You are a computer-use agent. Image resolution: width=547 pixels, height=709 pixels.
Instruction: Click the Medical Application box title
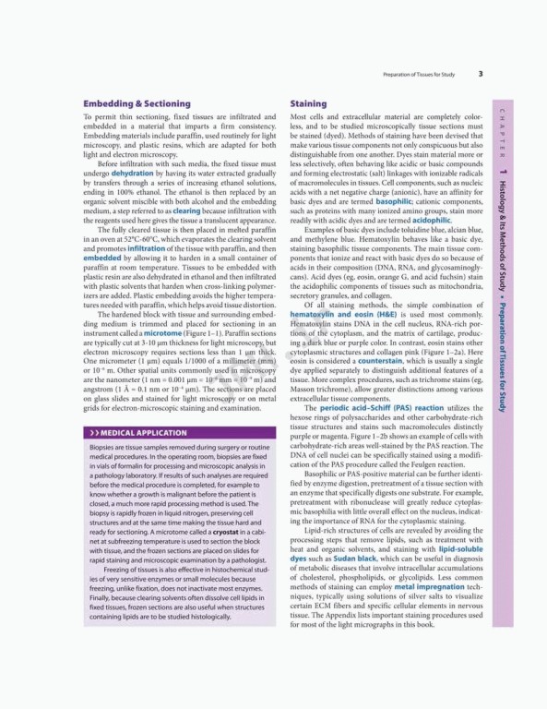click(x=129, y=432)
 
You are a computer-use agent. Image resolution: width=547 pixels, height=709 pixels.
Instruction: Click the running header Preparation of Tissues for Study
click(x=422, y=74)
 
